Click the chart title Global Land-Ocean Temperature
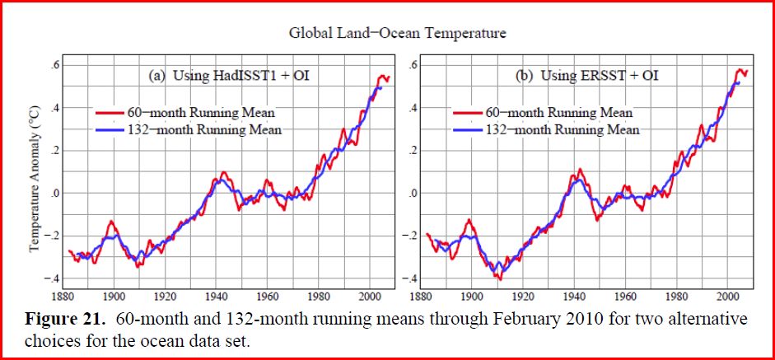[397, 34]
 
